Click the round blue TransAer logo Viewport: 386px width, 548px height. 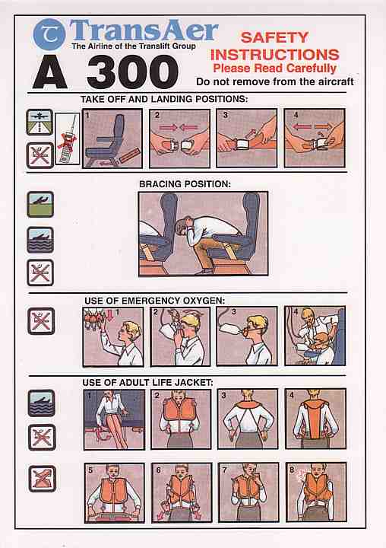coord(49,34)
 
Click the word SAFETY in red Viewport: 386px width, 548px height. coord(274,37)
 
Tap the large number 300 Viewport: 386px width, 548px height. coord(133,72)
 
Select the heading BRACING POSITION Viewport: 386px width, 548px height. coord(185,184)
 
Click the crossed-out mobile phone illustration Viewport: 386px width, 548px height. coord(68,139)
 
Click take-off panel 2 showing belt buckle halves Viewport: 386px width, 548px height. coord(180,139)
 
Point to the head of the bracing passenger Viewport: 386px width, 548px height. coord(183,226)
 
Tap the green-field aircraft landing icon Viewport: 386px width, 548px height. coord(40,205)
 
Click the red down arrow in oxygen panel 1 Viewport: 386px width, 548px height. coord(110,316)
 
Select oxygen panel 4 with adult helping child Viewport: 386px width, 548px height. coord(315,336)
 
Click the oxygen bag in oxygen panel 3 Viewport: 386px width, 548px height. coord(229,330)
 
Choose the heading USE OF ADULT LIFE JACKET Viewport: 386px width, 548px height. coord(147,383)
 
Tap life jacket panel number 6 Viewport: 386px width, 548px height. coord(182,492)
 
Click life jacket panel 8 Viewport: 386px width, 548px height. coord(316,492)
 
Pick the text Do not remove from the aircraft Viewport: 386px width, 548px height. coord(275,81)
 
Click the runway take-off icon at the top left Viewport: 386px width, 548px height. coord(40,122)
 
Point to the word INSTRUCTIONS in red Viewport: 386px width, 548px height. coord(274,55)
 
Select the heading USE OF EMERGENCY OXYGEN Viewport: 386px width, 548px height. coord(154,301)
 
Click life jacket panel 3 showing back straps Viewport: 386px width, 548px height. coord(248,419)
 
